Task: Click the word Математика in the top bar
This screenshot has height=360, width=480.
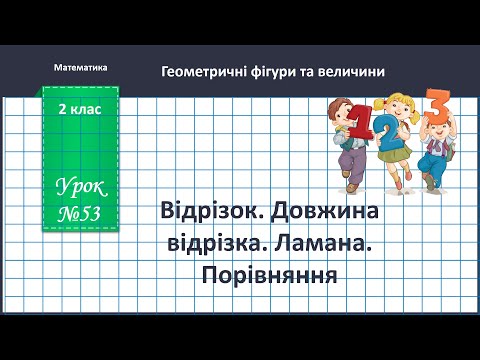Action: (77, 66)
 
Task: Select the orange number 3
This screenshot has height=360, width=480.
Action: (436, 106)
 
